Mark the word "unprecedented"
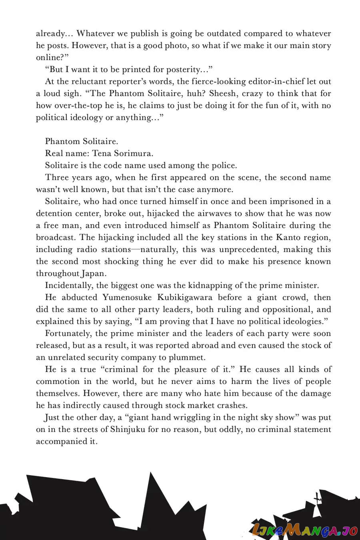pos(247,250)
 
